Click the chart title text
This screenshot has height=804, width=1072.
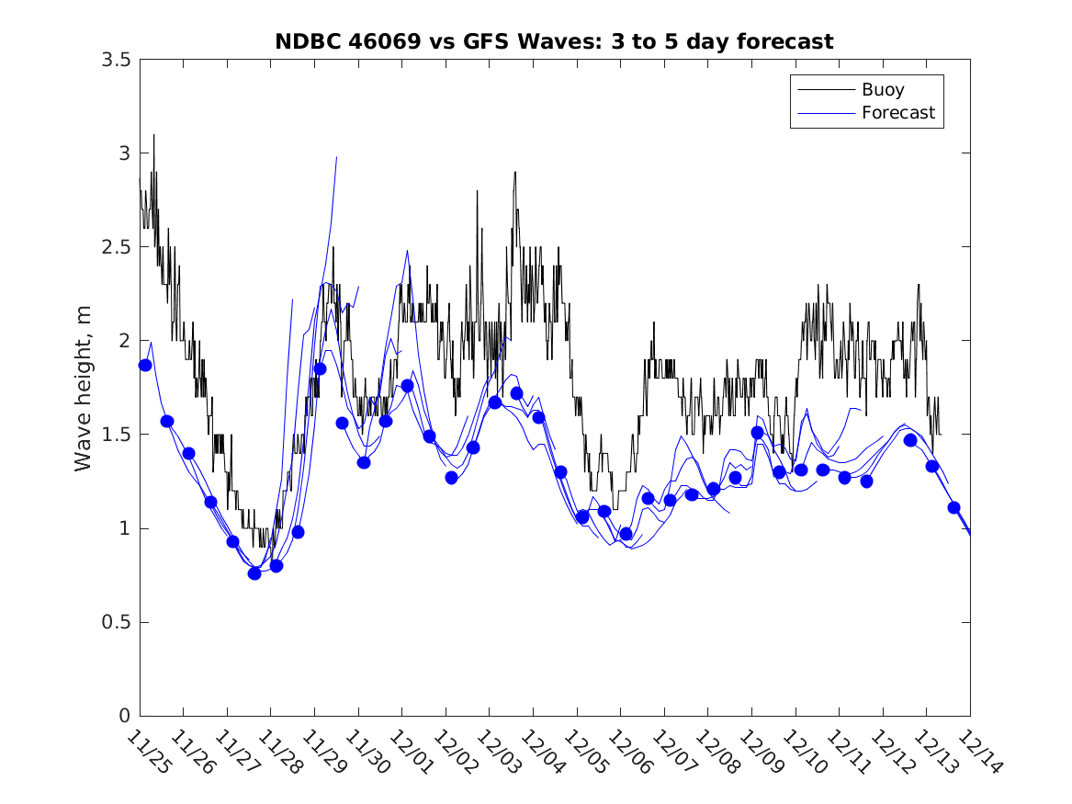pyautogui.click(x=554, y=41)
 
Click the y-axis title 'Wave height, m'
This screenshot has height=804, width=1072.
pyautogui.click(x=84, y=389)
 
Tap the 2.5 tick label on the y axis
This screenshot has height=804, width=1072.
pyautogui.click(x=116, y=247)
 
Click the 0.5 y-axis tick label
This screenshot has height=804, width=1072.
pyautogui.click(x=116, y=623)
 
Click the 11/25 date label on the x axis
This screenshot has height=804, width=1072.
pyautogui.click(x=148, y=752)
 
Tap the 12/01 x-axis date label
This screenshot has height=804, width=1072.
pyautogui.click(x=411, y=752)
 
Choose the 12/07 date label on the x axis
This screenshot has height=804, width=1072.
pyautogui.click(x=673, y=752)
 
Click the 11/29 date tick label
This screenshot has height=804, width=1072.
pyautogui.click(x=323, y=752)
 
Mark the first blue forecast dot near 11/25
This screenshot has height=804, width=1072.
pyautogui.click(x=145, y=365)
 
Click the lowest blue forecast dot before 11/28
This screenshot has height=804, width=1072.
pyautogui.click(x=254, y=573)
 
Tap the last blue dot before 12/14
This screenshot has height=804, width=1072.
pyautogui.click(x=954, y=507)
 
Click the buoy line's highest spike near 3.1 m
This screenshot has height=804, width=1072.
pyautogui.click(x=153, y=135)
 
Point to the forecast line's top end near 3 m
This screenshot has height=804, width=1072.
pyautogui.click(x=337, y=157)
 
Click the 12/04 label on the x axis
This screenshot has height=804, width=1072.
pyautogui.click(x=542, y=752)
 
